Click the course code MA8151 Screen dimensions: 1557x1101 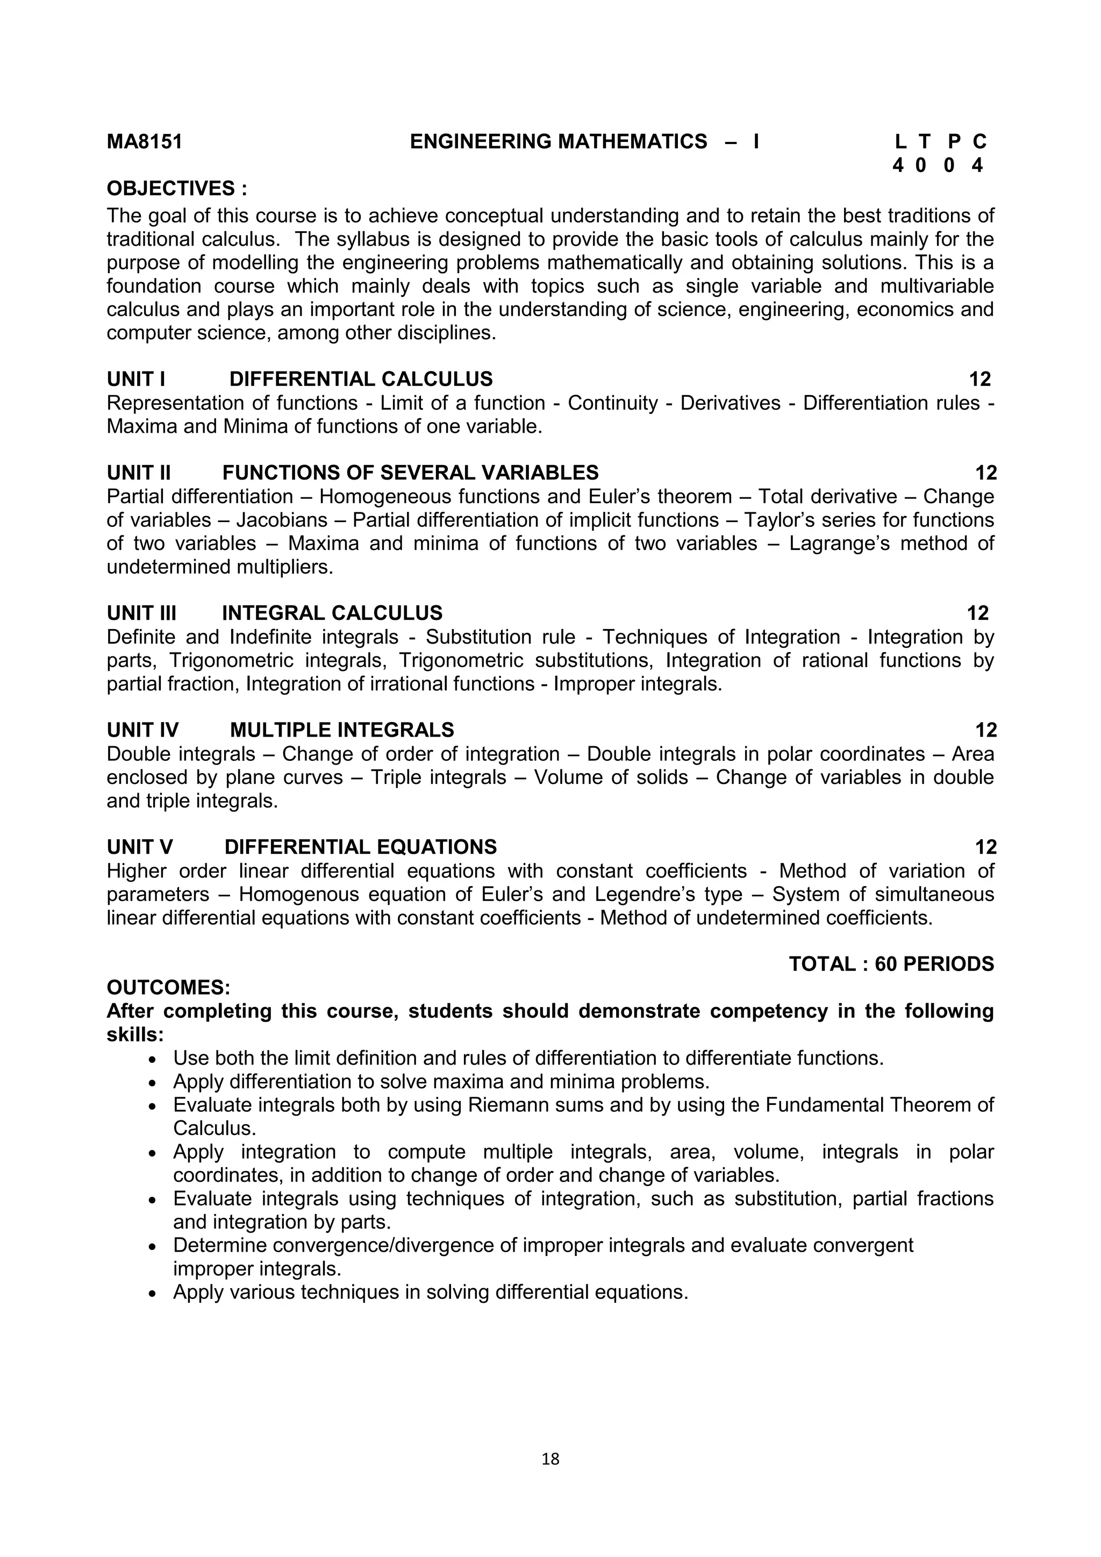coord(145,142)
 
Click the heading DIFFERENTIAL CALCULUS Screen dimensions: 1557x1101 coord(361,379)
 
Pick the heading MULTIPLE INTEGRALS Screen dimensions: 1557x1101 coord(342,730)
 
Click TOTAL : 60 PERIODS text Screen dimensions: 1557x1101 coord(891,965)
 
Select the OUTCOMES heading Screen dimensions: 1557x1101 coord(169,987)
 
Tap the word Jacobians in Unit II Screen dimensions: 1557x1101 coord(281,520)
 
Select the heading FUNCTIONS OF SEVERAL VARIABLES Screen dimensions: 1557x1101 coord(410,473)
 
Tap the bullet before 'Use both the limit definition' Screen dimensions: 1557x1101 coord(153,1060)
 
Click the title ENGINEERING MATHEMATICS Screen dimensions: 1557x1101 coord(558,142)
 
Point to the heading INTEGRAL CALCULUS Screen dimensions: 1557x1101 coord(332,613)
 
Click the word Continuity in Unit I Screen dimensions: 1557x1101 coord(612,403)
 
